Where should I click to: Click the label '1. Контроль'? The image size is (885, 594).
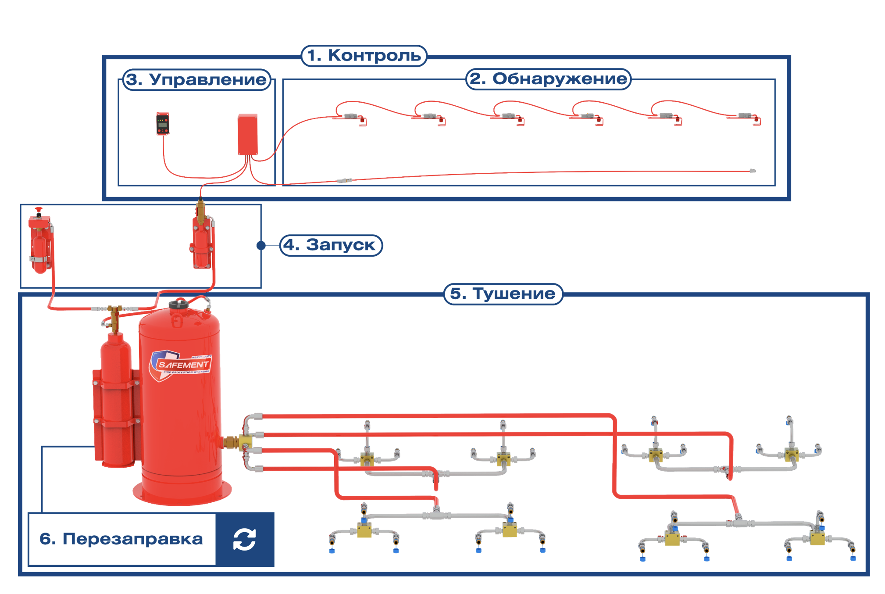(x=364, y=56)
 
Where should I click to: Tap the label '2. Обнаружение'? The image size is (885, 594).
(x=548, y=79)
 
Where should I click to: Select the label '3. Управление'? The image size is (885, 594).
(x=196, y=80)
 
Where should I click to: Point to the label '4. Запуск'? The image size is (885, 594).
(x=331, y=245)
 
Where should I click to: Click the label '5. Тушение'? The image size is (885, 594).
(x=503, y=294)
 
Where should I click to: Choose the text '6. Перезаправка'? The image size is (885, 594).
(x=121, y=539)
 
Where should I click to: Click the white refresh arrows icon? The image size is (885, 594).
(x=244, y=539)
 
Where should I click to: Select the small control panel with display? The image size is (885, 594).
(x=163, y=124)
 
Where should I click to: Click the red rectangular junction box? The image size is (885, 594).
(x=247, y=134)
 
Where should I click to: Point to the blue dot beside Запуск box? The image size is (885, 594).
(x=261, y=245)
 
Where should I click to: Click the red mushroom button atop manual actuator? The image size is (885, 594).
(x=39, y=210)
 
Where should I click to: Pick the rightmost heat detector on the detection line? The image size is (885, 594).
(x=746, y=117)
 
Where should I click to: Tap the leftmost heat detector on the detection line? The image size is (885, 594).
(x=351, y=117)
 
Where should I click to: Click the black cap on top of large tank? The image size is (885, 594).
(x=178, y=304)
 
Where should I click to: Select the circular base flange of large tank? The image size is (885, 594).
(x=182, y=494)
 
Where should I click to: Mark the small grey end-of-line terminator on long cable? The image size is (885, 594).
(x=753, y=171)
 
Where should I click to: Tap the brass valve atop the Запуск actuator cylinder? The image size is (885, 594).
(x=201, y=211)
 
